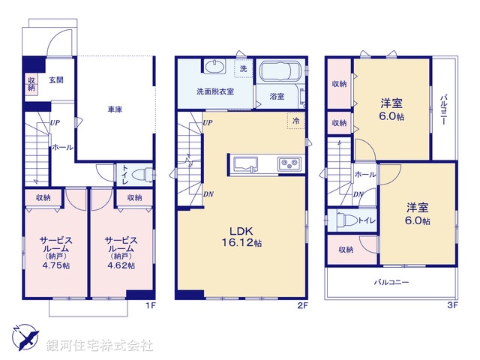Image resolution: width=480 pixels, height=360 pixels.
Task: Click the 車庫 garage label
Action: click(115, 109)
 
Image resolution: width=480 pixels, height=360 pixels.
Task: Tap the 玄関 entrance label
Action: click(57, 80)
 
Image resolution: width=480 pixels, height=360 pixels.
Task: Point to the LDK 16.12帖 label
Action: click(241, 237)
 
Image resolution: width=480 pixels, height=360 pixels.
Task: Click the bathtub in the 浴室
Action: click(280, 72)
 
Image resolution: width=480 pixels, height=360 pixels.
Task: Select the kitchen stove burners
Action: click(289, 164)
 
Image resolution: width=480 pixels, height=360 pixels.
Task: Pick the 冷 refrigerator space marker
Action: click(296, 121)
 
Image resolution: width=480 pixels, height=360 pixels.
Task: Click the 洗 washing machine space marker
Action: click(242, 68)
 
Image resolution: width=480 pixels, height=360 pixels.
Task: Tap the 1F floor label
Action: click(150, 305)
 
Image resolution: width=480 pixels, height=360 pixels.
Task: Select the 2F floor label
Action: click(303, 305)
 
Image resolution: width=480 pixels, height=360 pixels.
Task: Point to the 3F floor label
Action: click(453, 305)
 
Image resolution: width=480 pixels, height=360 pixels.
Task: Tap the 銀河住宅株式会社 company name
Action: click(100, 346)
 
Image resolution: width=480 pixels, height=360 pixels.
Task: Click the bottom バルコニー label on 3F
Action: click(391, 283)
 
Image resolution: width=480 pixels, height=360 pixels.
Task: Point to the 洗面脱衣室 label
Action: click(215, 91)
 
